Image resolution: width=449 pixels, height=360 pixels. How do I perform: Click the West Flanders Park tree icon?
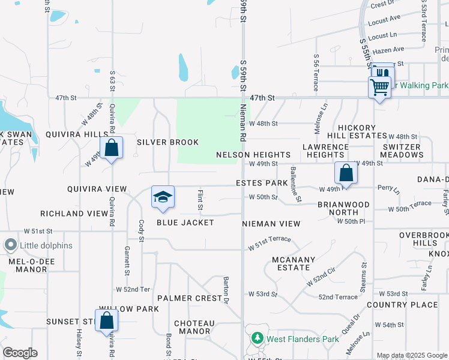258,339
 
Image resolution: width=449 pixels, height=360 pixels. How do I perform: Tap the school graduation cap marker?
162,197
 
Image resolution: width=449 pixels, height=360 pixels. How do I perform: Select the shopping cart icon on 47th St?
379,87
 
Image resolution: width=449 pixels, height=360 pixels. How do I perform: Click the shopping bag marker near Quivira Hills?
112,148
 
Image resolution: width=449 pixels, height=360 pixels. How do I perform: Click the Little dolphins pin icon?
10,245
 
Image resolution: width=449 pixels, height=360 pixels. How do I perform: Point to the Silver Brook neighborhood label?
167,142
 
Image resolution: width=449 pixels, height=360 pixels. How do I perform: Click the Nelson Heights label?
253,155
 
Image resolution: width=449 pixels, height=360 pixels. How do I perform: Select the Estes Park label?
262,182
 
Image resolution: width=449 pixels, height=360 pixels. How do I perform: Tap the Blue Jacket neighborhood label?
185,223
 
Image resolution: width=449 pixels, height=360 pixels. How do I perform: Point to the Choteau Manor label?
194,327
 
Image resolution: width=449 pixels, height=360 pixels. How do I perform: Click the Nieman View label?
271,223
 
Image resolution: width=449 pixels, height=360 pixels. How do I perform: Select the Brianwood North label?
343,208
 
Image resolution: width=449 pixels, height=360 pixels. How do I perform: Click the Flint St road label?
200,199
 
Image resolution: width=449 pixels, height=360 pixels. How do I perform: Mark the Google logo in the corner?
20,353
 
